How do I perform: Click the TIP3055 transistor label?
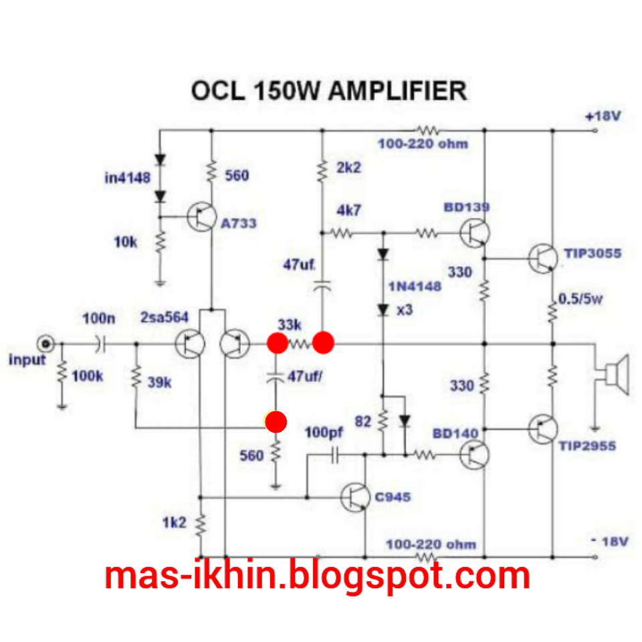[x=593, y=253]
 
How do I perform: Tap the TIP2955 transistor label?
[x=587, y=445]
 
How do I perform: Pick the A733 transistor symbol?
[x=201, y=217]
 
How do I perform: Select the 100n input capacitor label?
[x=98, y=319]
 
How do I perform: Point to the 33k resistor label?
[x=290, y=325]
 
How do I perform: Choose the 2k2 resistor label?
[x=348, y=167]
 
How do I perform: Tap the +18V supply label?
[x=603, y=116]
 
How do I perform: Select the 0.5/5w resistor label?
[x=581, y=299]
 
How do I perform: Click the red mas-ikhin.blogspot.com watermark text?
[x=317, y=576]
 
